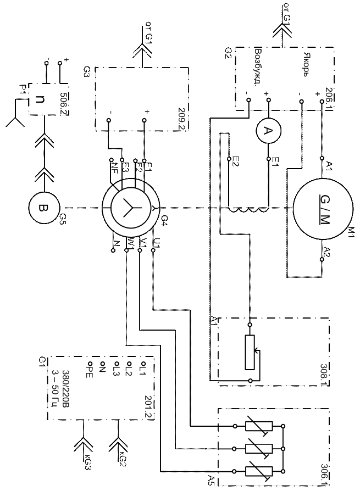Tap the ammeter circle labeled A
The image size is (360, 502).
click(268, 131)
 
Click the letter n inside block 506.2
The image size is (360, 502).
click(41, 99)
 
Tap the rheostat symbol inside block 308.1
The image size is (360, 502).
click(251, 352)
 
